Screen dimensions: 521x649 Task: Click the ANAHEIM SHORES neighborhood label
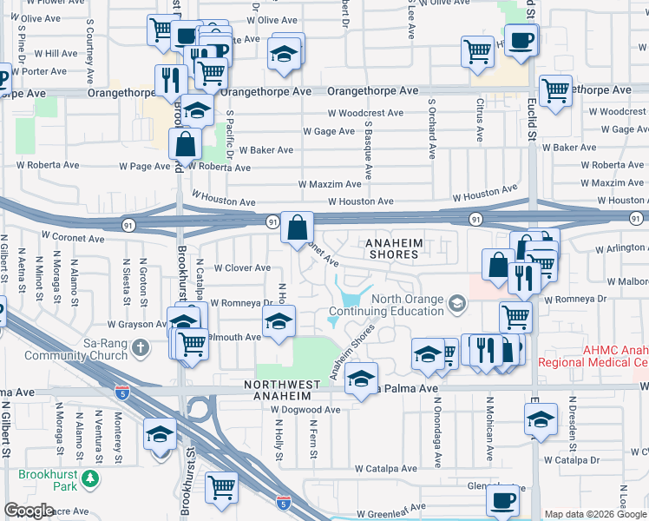(391, 248)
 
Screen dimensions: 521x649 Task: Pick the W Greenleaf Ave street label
(390, 506)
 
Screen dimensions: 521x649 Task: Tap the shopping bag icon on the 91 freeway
(297, 228)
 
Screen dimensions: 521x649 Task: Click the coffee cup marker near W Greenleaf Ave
(502, 499)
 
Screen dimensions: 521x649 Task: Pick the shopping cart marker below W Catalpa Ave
(222, 487)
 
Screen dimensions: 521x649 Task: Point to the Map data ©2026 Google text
(595, 514)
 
